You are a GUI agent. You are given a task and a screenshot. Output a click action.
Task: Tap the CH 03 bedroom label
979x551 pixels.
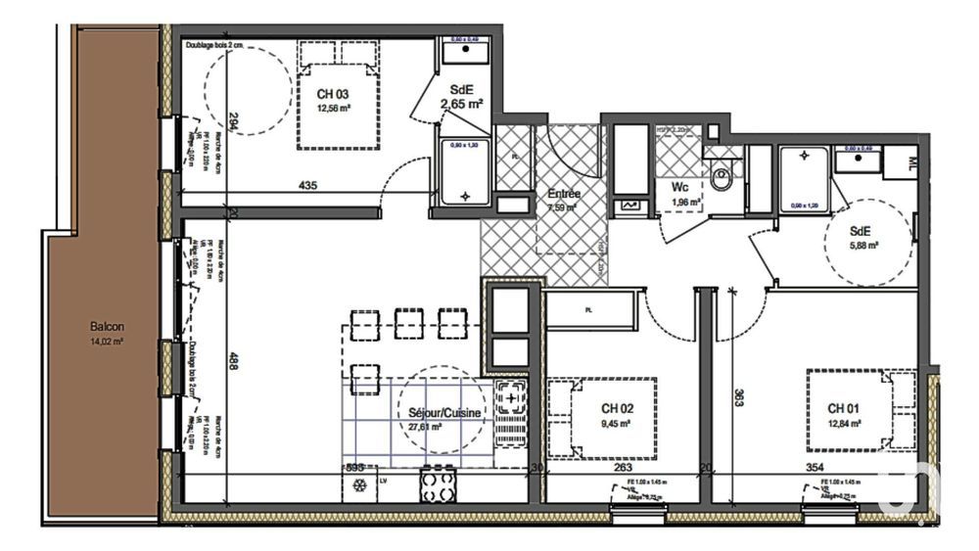[332, 94]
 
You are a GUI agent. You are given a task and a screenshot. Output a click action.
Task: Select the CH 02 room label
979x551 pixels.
[616, 407]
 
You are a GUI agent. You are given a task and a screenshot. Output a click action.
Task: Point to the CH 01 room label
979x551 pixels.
[844, 407]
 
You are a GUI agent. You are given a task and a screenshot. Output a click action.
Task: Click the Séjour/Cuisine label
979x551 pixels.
[444, 413]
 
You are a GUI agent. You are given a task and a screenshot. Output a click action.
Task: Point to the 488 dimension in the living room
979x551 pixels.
[232, 359]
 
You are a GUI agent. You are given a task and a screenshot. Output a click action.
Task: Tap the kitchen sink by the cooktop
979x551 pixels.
[510, 412]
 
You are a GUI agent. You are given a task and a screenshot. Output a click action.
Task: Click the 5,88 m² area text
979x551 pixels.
[863, 246]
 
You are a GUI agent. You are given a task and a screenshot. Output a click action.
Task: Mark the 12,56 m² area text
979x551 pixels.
[333, 109]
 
